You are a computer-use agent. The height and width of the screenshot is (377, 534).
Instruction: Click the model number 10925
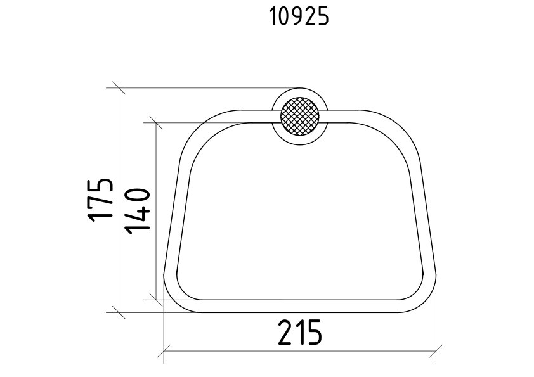(299, 16)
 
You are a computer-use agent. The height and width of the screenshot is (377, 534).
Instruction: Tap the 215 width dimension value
(300, 333)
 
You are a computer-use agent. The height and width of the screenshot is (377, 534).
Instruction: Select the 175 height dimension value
(100, 200)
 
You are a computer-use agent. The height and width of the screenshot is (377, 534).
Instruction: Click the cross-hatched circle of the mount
(300, 117)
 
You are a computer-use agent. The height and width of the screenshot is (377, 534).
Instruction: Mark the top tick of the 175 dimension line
(119, 88)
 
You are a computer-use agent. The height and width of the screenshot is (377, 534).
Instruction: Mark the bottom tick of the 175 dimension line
(119, 312)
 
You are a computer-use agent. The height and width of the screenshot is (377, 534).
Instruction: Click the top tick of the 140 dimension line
(156, 122)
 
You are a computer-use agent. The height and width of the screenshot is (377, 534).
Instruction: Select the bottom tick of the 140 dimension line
(156, 300)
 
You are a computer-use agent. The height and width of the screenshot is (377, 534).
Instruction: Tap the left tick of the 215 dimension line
(164, 351)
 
